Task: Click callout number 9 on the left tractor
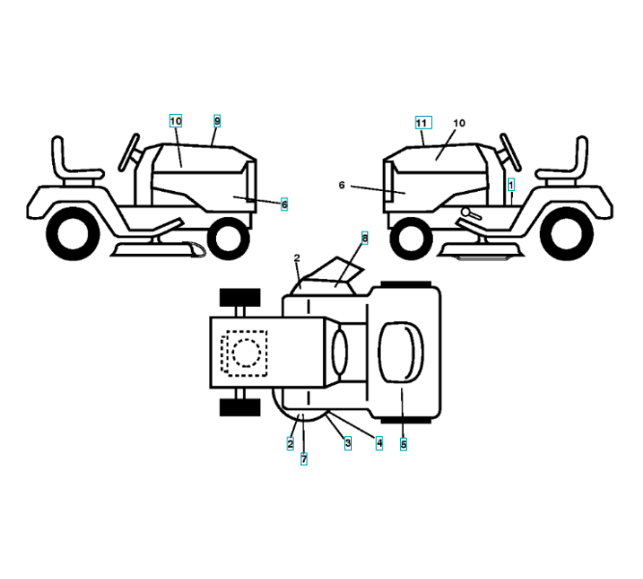217,121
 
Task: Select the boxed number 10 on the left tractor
175,121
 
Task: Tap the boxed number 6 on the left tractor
284,205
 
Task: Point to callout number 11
421,123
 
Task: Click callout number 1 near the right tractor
511,181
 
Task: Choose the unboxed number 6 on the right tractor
341,183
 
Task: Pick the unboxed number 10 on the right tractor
459,124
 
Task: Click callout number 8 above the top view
364,236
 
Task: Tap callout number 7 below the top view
304,459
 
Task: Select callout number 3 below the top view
347,443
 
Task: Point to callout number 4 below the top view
379,443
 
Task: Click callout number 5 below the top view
403,445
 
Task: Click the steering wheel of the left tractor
129,151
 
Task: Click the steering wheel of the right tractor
507,151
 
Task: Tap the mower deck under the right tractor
481,250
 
